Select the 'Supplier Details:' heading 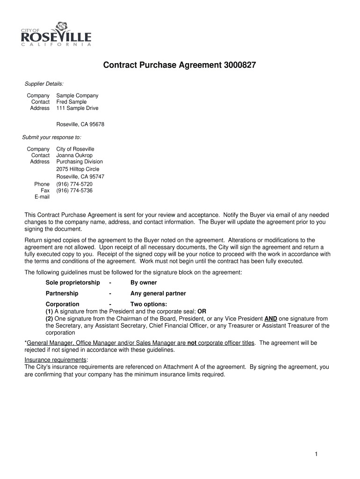44,84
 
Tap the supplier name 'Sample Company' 78,95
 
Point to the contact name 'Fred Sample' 72,102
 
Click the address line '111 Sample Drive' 78,109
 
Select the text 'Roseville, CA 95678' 80,124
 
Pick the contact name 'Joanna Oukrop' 75,155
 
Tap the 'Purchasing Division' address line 79,162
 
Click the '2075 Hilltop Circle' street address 78,169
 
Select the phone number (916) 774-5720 75,184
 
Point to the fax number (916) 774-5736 75,191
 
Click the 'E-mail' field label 42,197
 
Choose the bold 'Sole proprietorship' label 72,283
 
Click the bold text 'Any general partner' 158,294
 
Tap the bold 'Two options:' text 149,305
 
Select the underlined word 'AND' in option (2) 271,319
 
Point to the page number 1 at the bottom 317,454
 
